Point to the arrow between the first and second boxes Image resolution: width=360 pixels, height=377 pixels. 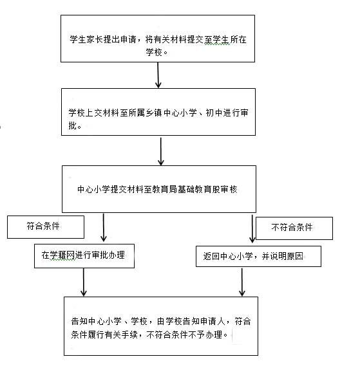158,75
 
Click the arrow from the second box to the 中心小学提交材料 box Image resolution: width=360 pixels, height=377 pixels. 161,151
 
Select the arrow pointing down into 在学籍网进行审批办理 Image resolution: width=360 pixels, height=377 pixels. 104,228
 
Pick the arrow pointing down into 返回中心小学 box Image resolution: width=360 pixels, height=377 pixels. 252,228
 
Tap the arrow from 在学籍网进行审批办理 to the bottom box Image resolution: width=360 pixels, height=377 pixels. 84,282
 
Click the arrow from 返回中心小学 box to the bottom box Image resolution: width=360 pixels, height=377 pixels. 242,282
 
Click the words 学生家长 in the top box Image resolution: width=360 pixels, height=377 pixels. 86,39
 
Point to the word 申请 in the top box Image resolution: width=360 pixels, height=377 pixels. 128,39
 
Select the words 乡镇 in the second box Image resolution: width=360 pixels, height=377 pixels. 154,113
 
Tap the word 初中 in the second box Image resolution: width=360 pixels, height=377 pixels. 214,113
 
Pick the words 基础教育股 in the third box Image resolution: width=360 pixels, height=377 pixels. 199,189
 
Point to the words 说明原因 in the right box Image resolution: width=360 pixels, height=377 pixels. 287,256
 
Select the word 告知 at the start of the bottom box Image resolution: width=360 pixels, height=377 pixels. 79,321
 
